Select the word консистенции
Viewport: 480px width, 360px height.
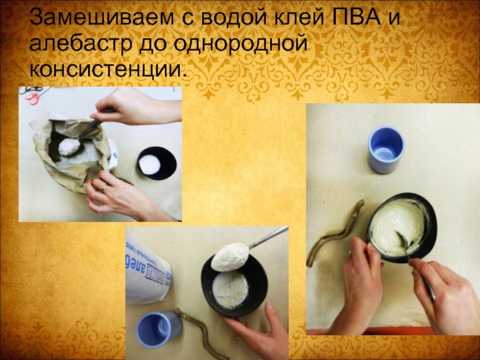(108, 70)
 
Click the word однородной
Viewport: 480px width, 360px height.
(241, 44)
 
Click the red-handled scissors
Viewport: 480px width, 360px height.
(32, 97)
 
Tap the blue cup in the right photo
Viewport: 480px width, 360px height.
(386, 149)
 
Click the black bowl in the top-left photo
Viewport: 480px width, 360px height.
(157, 163)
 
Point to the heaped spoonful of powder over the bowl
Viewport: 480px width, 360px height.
(230, 257)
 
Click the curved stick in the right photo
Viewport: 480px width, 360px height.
(334, 234)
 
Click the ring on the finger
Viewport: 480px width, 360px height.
(104, 188)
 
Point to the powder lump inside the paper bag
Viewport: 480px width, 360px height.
(69, 146)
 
